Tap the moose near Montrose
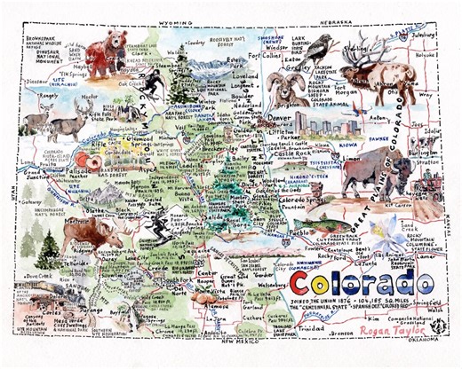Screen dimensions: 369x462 click(106, 234)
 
